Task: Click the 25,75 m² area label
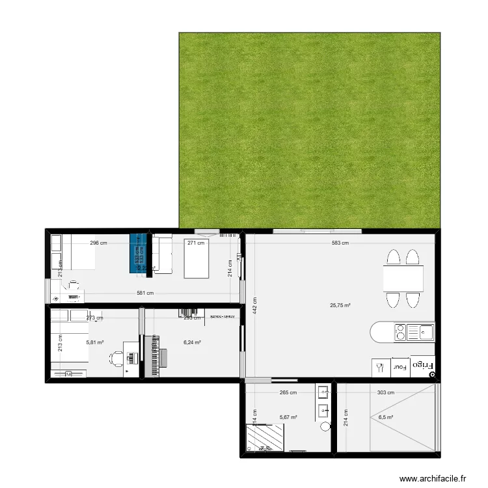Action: coord(340,305)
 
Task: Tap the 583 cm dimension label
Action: coord(340,243)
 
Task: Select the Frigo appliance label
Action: coord(429,367)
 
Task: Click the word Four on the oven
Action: coord(400,367)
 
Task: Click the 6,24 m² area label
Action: coord(192,343)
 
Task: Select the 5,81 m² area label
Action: coord(95,342)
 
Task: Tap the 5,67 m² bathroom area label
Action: coord(288,418)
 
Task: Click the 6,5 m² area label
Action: coord(386,418)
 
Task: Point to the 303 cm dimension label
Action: coord(385,392)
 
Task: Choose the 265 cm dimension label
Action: coord(288,392)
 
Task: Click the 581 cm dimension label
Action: coord(145,293)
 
